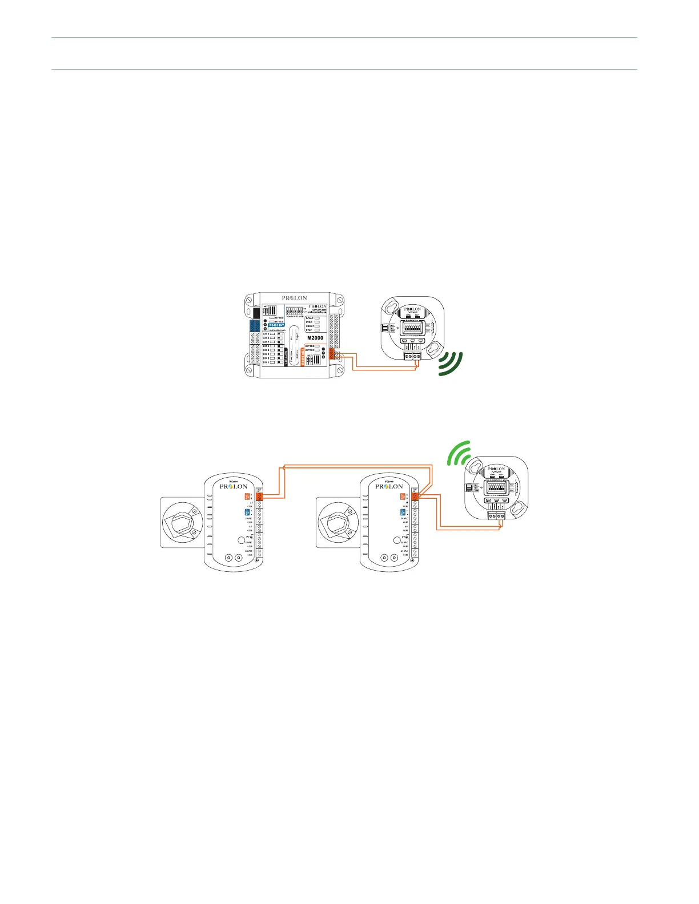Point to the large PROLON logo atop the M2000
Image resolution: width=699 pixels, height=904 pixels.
pos(294,298)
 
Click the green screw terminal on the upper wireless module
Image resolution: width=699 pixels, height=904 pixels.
pos(412,356)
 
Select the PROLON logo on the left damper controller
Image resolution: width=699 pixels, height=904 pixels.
pos(234,487)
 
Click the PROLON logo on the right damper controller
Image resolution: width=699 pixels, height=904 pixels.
pos(389,487)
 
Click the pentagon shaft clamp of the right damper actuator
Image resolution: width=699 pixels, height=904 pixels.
pos(338,523)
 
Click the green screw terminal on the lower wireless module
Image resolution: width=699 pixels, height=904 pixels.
pos(496,515)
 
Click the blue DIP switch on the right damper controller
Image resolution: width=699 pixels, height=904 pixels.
pos(403,512)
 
